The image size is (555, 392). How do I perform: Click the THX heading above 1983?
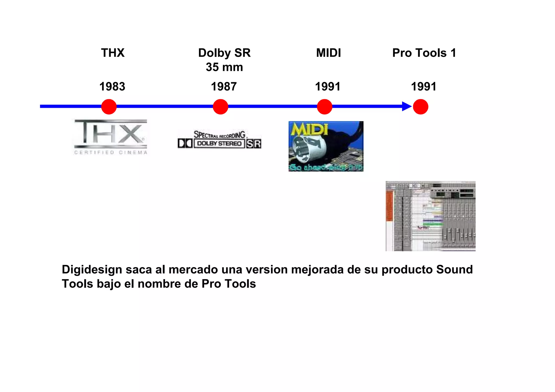click(x=113, y=53)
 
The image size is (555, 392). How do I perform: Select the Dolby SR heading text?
click(x=224, y=53)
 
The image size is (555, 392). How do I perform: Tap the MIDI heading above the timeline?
click(x=328, y=53)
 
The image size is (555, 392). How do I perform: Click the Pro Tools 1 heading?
click(x=424, y=53)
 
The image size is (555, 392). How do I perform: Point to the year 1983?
click(x=112, y=87)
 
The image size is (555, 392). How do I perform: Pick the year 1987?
click(x=224, y=87)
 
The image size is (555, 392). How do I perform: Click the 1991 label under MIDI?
click(x=328, y=87)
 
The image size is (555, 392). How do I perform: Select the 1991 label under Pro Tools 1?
click(x=424, y=87)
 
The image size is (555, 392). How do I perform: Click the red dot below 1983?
click(x=109, y=107)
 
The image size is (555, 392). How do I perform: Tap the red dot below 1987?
click(x=220, y=107)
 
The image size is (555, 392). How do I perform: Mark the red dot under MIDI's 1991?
click(x=324, y=107)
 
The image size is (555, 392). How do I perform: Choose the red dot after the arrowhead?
click(x=420, y=107)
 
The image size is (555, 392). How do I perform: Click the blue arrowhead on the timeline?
click(x=406, y=106)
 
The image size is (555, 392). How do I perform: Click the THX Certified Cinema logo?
click(x=111, y=137)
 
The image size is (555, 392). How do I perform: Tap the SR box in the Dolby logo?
click(x=254, y=143)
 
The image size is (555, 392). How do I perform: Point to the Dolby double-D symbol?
click(x=185, y=143)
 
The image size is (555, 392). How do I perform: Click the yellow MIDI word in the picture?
click(x=309, y=129)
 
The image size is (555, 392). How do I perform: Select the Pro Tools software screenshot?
click(x=430, y=216)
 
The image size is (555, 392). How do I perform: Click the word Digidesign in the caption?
click(x=92, y=270)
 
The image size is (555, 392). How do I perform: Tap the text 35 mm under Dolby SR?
click(x=224, y=67)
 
